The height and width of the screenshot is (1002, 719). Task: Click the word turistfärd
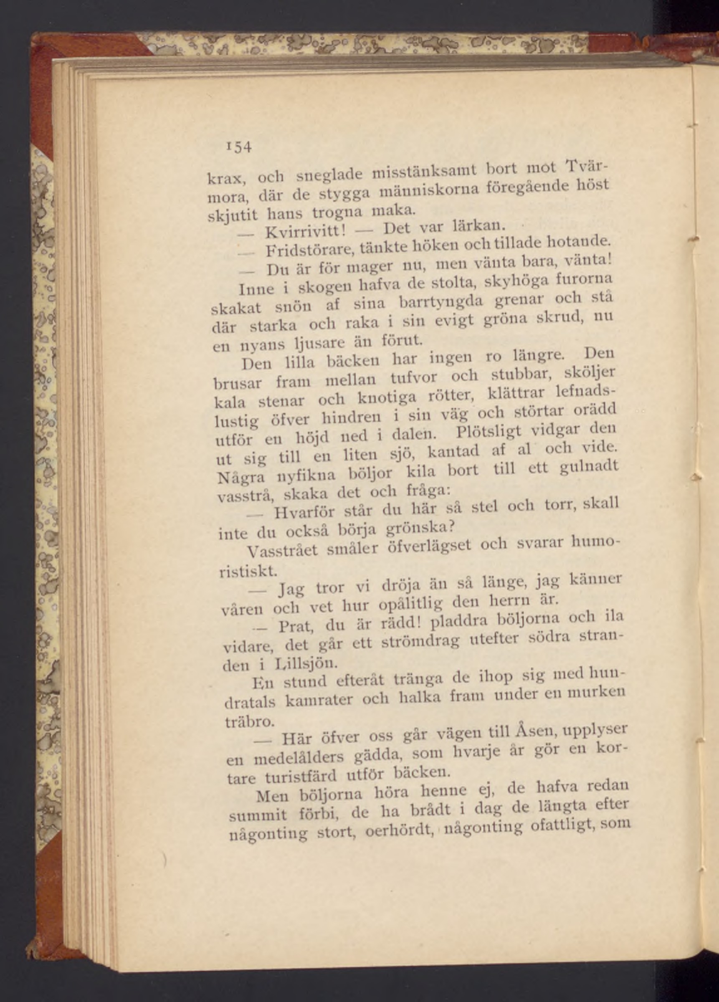click(301, 776)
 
